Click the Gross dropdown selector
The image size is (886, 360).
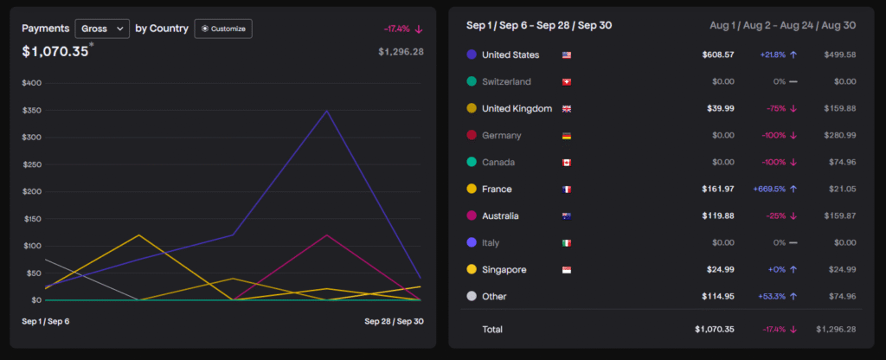(102, 29)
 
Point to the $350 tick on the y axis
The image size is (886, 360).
(31, 111)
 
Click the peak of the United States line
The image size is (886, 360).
(326, 111)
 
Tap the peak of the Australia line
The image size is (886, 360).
(326, 235)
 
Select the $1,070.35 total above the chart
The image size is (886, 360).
(55, 51)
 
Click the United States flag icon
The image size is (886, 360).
(567, 55)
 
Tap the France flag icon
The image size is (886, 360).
(567, 190)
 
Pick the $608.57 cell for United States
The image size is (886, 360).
(718, 55)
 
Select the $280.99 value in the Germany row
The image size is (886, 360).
(839, 136)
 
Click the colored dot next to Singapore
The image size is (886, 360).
(472, 270)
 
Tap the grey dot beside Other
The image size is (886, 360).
(472, 297)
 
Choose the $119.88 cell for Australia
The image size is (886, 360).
(718, 216)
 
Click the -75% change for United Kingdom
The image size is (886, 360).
(776, 109)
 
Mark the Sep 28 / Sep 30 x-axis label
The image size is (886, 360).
(394, 321)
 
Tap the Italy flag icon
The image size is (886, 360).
(567, 243)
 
